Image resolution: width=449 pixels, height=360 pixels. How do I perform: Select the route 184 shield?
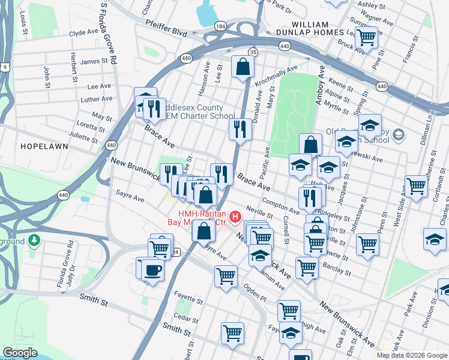pos(221,27)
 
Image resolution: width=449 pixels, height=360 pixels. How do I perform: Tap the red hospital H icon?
pos(235,216)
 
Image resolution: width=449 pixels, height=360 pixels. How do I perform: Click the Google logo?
pos(20,353)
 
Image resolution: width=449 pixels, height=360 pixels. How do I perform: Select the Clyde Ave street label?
pos(83,34)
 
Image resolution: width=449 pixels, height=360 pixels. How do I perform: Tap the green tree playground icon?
pos(35,241)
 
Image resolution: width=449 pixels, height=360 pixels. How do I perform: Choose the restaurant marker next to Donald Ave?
pos(240,129)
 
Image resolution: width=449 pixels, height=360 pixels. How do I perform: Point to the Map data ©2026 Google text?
pos(412,355)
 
